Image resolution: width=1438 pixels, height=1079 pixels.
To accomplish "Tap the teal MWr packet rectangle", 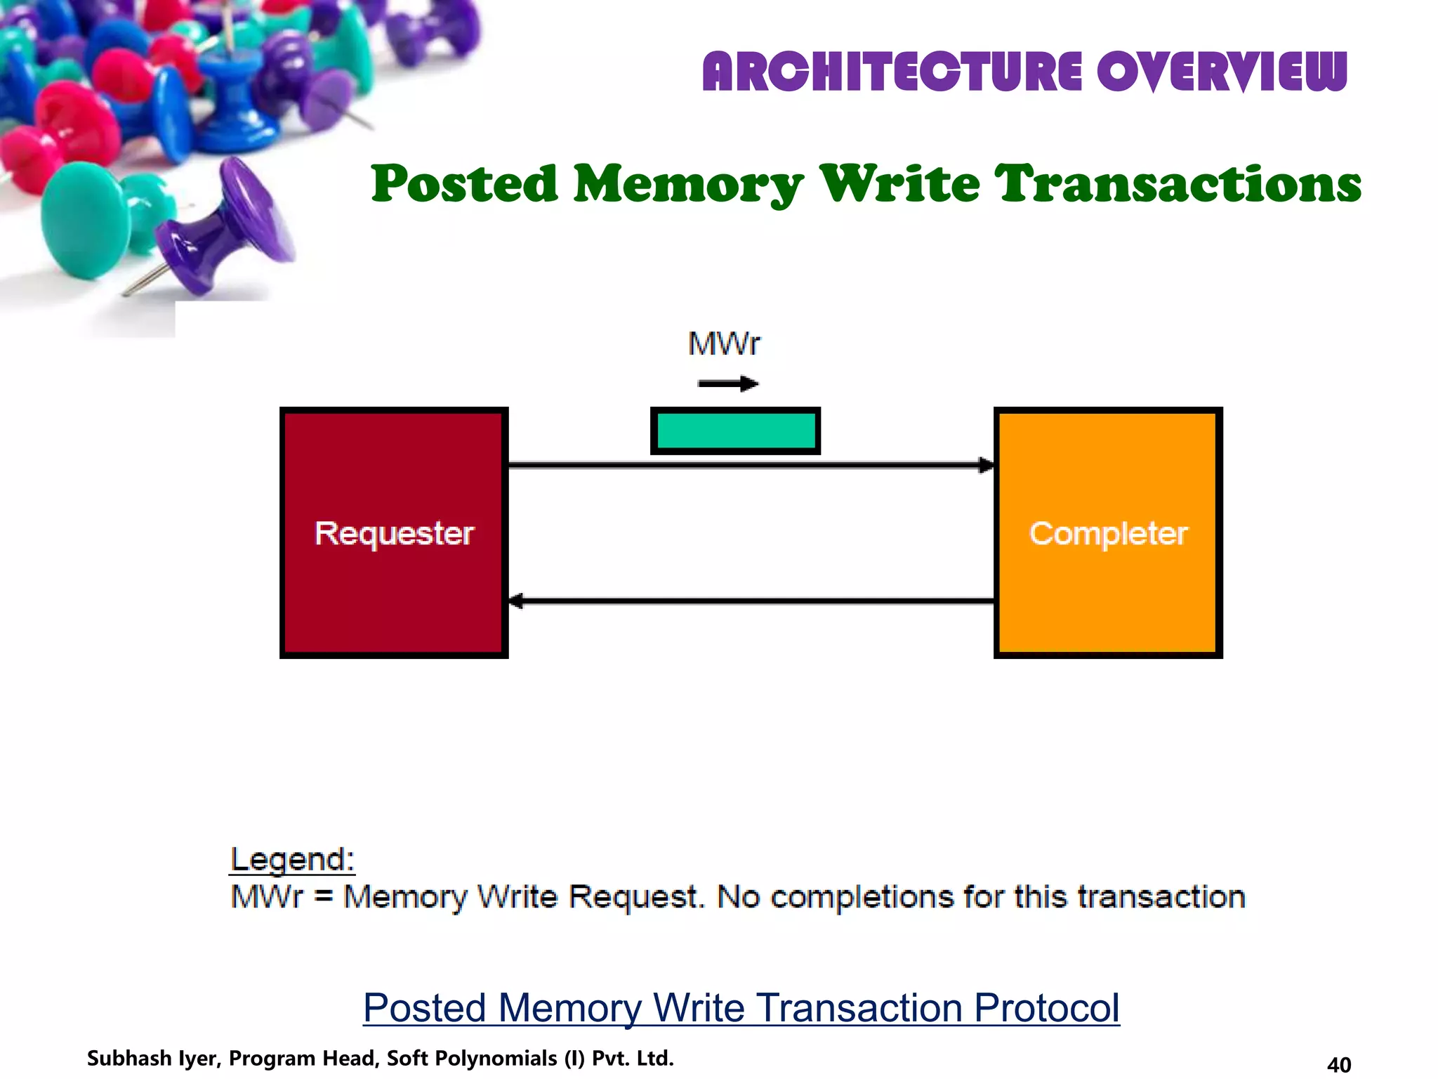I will (735, 431).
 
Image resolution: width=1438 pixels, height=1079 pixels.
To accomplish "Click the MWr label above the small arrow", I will (724, 344).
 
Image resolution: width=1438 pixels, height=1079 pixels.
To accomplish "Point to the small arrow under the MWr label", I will (728, 384).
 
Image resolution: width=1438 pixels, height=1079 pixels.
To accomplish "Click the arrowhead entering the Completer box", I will (987, 465).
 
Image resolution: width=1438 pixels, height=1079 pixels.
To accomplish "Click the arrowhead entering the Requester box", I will (516, 601).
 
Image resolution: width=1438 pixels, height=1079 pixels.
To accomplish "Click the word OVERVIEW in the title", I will (1222, 72).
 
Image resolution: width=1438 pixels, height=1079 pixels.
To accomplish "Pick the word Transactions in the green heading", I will (1179, 184).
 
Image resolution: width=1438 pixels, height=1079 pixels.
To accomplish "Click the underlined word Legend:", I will (293, 860).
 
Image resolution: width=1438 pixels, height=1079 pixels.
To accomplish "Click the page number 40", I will (1339, 1065).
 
